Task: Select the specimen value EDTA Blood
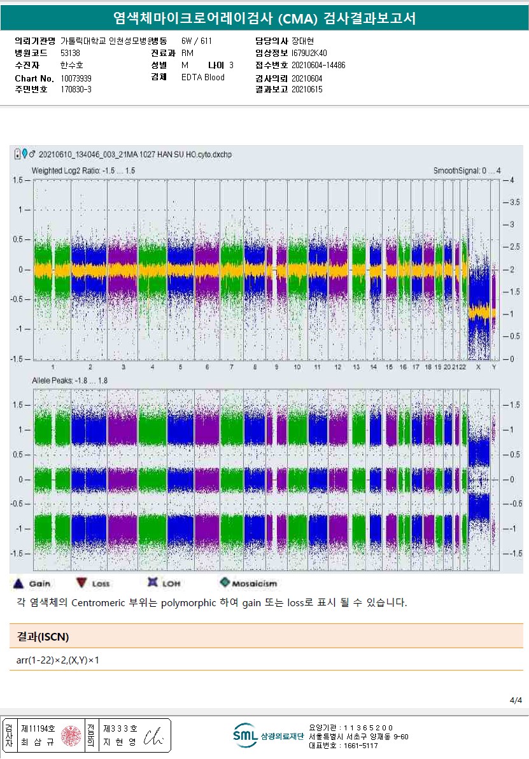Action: (203, 78)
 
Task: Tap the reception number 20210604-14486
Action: (318, 66)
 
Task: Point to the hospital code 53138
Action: (71, 53)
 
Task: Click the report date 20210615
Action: (307, 90)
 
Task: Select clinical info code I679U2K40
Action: (309, 53)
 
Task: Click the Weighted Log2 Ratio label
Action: (83, 171)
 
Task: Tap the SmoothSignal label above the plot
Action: (467, 171)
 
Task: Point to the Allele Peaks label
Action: (70, 380)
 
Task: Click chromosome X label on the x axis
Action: (478, 367)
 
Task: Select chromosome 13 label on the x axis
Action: (356, 367)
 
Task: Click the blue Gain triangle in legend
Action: (18, 583)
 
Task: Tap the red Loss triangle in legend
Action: (81, 583)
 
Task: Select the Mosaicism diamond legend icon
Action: (224, 583)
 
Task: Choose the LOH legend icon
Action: (152, 583)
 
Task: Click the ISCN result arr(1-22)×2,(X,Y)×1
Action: (58, 660)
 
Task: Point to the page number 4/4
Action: (516, 700)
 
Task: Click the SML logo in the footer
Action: (245, 735)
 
